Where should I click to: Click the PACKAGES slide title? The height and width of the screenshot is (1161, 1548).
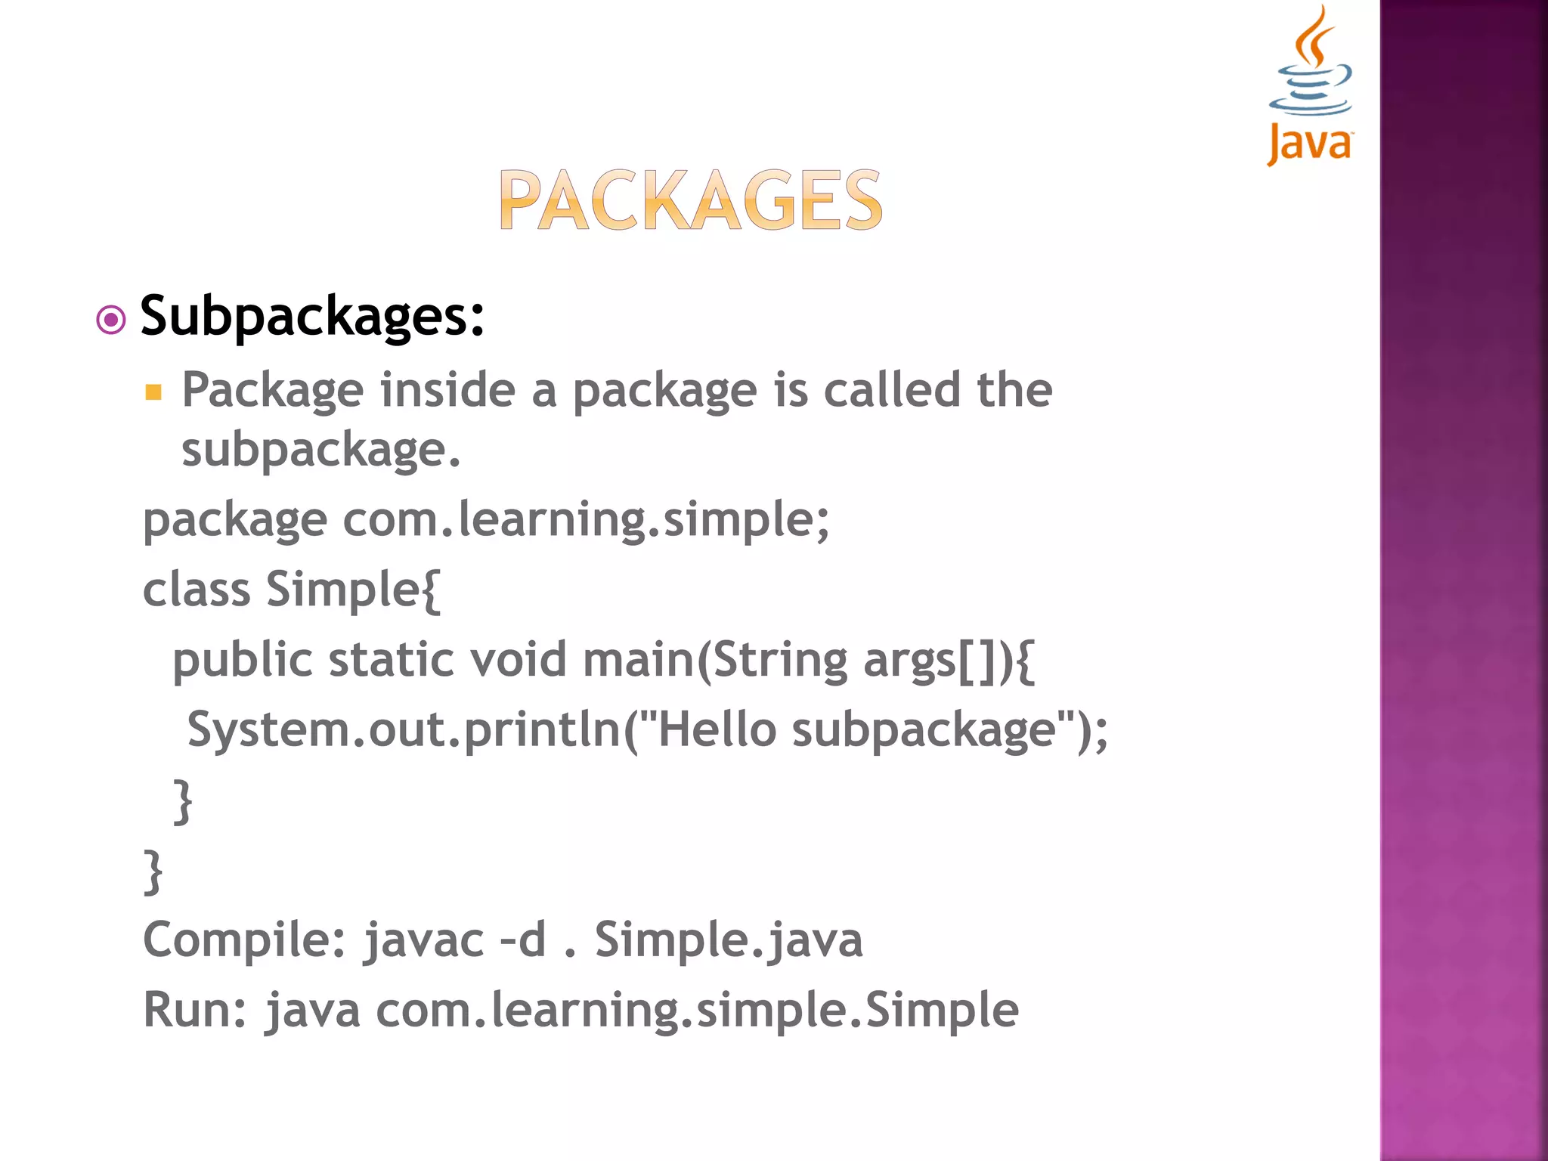690,200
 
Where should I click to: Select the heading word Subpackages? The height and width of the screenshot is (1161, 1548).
312,316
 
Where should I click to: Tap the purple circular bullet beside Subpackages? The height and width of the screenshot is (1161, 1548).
111,320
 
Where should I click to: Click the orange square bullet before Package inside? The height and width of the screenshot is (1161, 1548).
154,392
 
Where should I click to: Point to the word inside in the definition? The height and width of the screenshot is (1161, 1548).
447,390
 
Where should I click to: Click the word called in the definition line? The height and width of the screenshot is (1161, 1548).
891,390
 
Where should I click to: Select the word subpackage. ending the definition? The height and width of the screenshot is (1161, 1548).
320,450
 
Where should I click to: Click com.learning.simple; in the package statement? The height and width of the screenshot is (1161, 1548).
586,521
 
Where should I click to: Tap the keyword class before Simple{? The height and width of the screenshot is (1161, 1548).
197,590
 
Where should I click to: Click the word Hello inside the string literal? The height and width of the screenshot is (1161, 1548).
717,730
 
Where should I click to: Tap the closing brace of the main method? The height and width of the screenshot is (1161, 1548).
183,801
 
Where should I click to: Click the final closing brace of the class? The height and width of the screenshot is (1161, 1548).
153,872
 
